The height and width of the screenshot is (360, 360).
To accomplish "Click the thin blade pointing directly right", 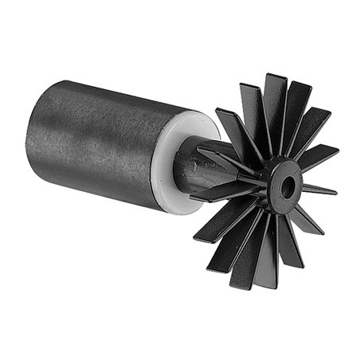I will [x=319, y=190].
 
